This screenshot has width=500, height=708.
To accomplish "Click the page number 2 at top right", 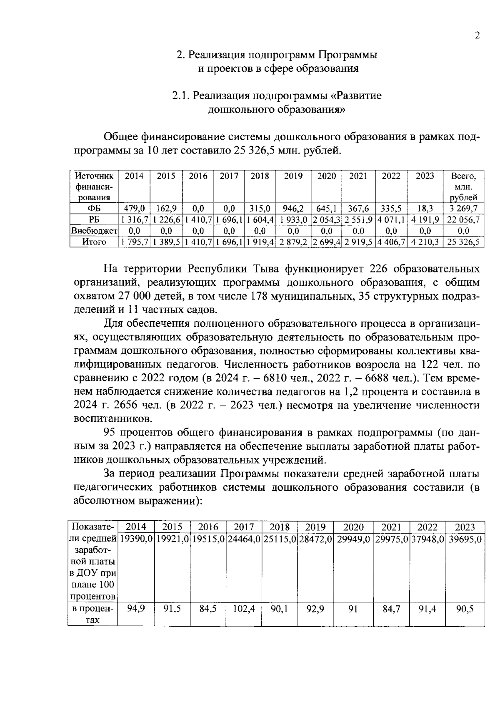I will tap(477, 35).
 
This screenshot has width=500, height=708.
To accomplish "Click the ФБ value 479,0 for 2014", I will tap(134, 208).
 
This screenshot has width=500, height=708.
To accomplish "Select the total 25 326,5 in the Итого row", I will tap(463, 242).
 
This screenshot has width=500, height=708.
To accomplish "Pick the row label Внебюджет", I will tap(94, 231).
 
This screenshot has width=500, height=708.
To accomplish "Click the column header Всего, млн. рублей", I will tap(463, 186).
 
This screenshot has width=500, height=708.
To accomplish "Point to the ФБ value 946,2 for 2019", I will tap(293, 208).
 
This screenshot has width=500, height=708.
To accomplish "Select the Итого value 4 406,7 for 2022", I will tap(391, 242).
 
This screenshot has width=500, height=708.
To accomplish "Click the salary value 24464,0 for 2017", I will tap(244, 539).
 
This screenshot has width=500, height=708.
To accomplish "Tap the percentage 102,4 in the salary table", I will tap(244, 609).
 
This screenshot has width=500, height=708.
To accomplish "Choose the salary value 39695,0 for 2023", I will tap(465, 539).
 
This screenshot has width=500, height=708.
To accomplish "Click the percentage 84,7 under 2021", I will tap(392, 609).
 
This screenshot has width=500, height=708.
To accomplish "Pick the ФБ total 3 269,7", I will tap(463, 208).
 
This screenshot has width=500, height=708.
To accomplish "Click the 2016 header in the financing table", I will tap(198, 176).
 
